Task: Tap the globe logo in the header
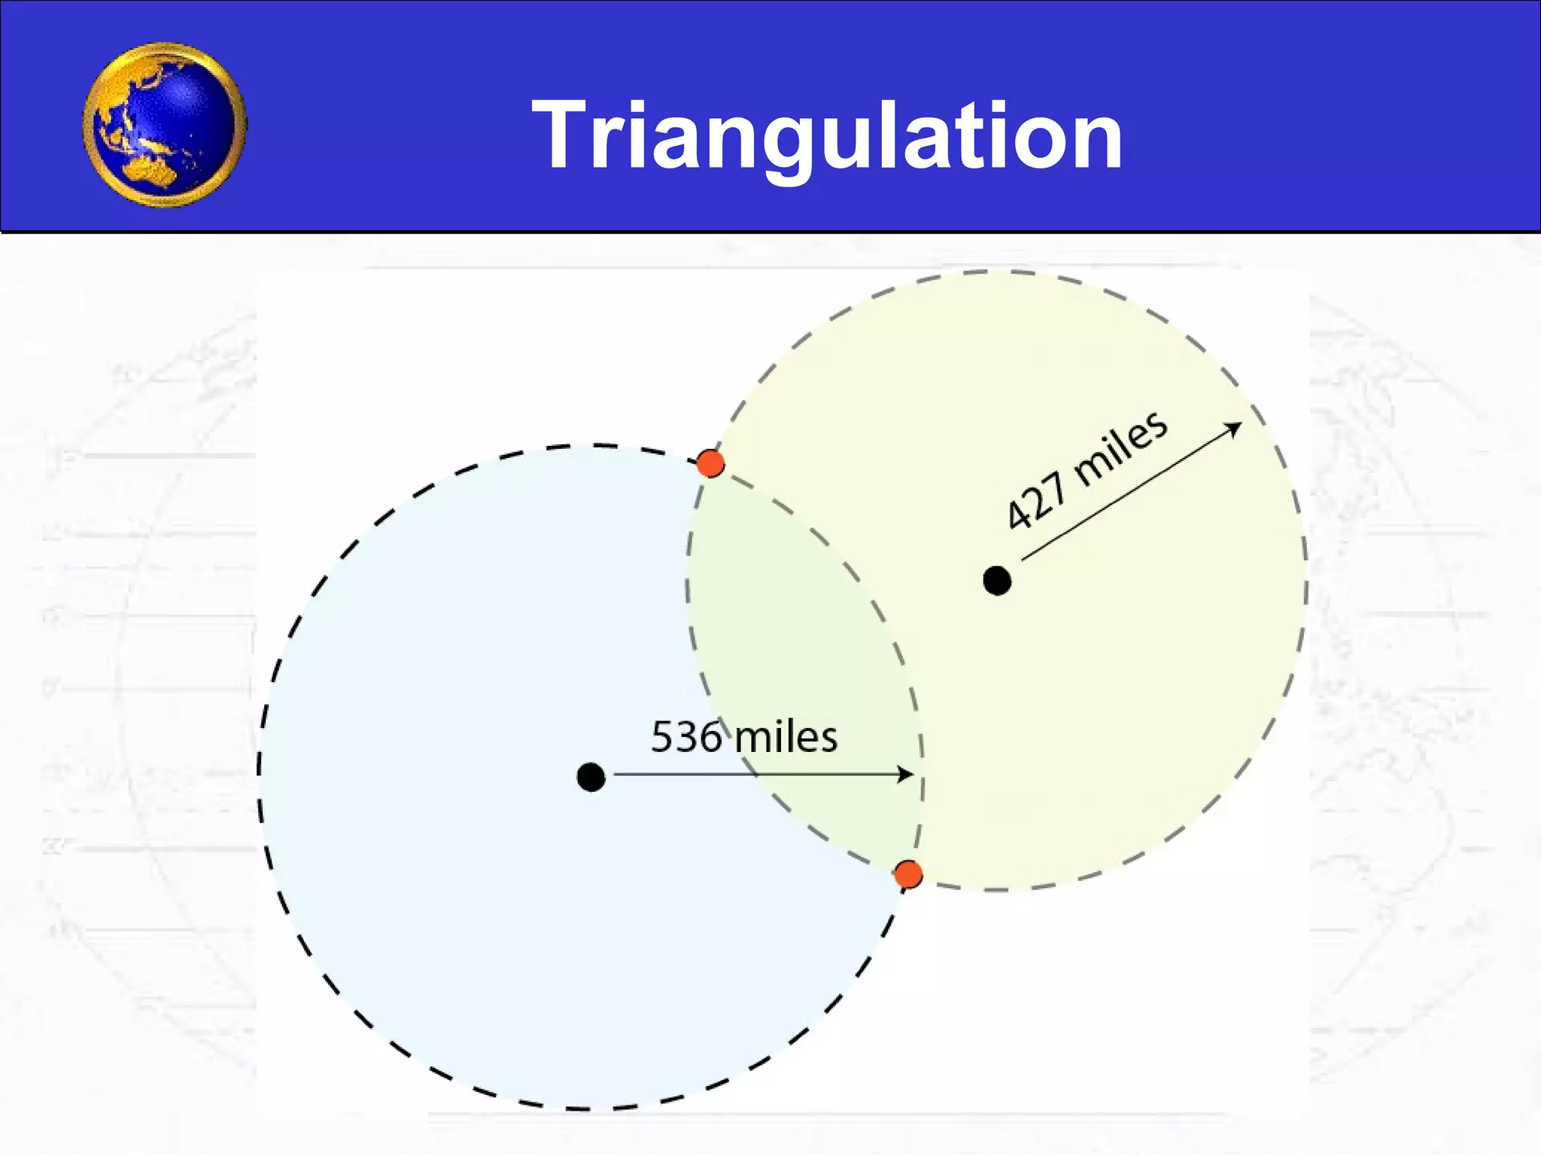point(165,125)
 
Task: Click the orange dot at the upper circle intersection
point(710,463)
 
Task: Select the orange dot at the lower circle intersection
point(908,875)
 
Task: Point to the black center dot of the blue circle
point(591,777)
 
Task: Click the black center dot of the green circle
point(997,581)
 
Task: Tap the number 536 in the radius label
point(685,737)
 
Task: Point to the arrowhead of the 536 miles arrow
point(907,774)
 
